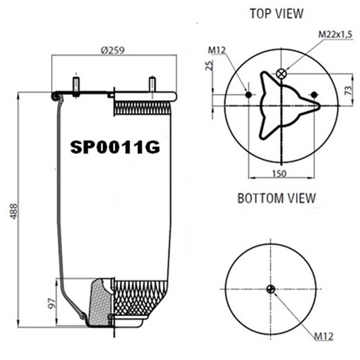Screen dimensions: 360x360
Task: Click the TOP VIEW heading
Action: click(x=276, y=14)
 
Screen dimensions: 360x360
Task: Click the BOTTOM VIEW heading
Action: click(x=276, y=198)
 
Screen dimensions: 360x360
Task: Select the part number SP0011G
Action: click(x=115, y=147)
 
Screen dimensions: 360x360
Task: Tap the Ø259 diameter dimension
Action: click(x=113, y=50)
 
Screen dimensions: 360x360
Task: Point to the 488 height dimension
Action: click(x=14, y=211)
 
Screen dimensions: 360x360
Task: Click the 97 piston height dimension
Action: click(x=53, y=303)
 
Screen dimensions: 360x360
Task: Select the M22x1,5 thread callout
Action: click(x=336, y=35)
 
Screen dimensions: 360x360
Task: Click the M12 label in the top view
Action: click(x=217, y=50)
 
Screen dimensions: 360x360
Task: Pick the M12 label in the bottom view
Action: click(x=324, y=336)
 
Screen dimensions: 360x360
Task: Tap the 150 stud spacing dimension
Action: click(x=279, y=174)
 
